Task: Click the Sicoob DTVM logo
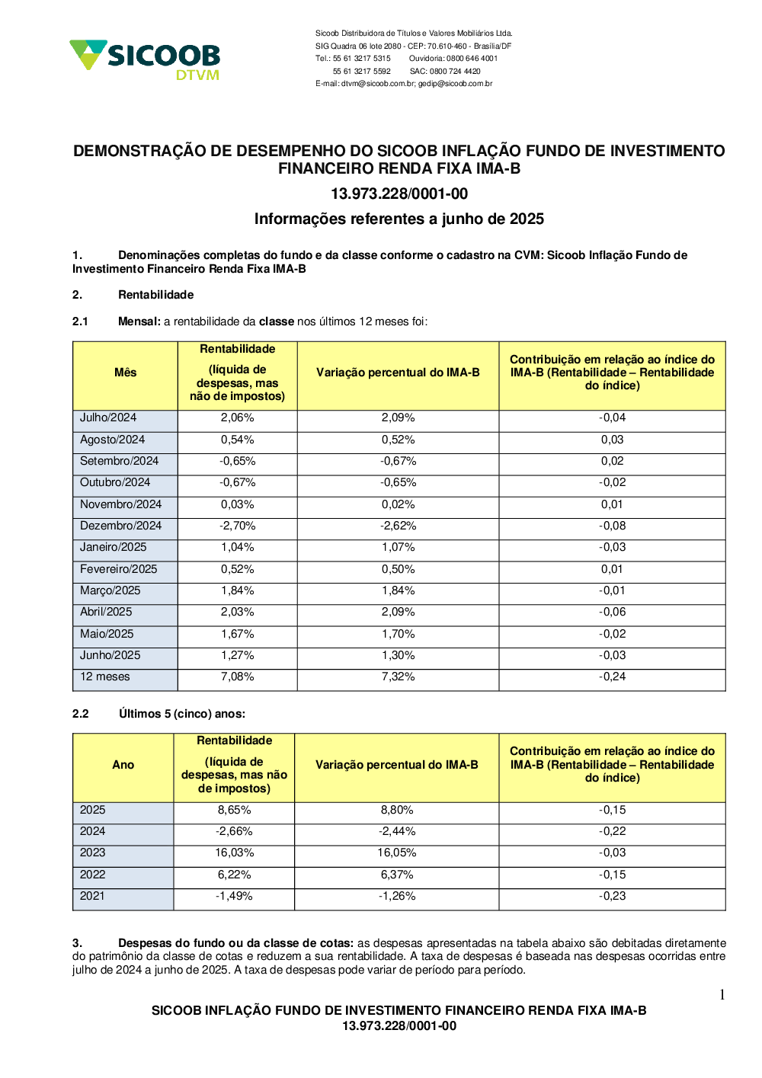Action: [145, 59]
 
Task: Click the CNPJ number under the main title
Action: [399, 194]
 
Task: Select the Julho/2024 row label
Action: [108, 417]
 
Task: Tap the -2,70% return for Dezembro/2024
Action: [237, 526]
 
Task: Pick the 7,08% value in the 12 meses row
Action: [237, 677]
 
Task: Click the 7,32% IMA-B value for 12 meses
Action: [398, 677]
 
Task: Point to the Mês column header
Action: [125, 373]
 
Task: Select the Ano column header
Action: [123, 765]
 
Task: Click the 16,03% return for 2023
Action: [234, 852]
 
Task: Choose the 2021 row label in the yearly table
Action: [92, 896]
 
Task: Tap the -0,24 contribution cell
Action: [612, 677]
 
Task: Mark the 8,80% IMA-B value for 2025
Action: [397, 810]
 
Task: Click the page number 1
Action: [722, 995]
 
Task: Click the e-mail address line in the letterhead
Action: [404, 84]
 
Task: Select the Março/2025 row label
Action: [110, 590]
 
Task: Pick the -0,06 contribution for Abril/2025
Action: [612, 612]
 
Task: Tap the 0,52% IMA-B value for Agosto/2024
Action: [398, 440]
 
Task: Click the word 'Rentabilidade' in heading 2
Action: [155, 295]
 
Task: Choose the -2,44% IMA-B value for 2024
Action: [397, 831]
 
